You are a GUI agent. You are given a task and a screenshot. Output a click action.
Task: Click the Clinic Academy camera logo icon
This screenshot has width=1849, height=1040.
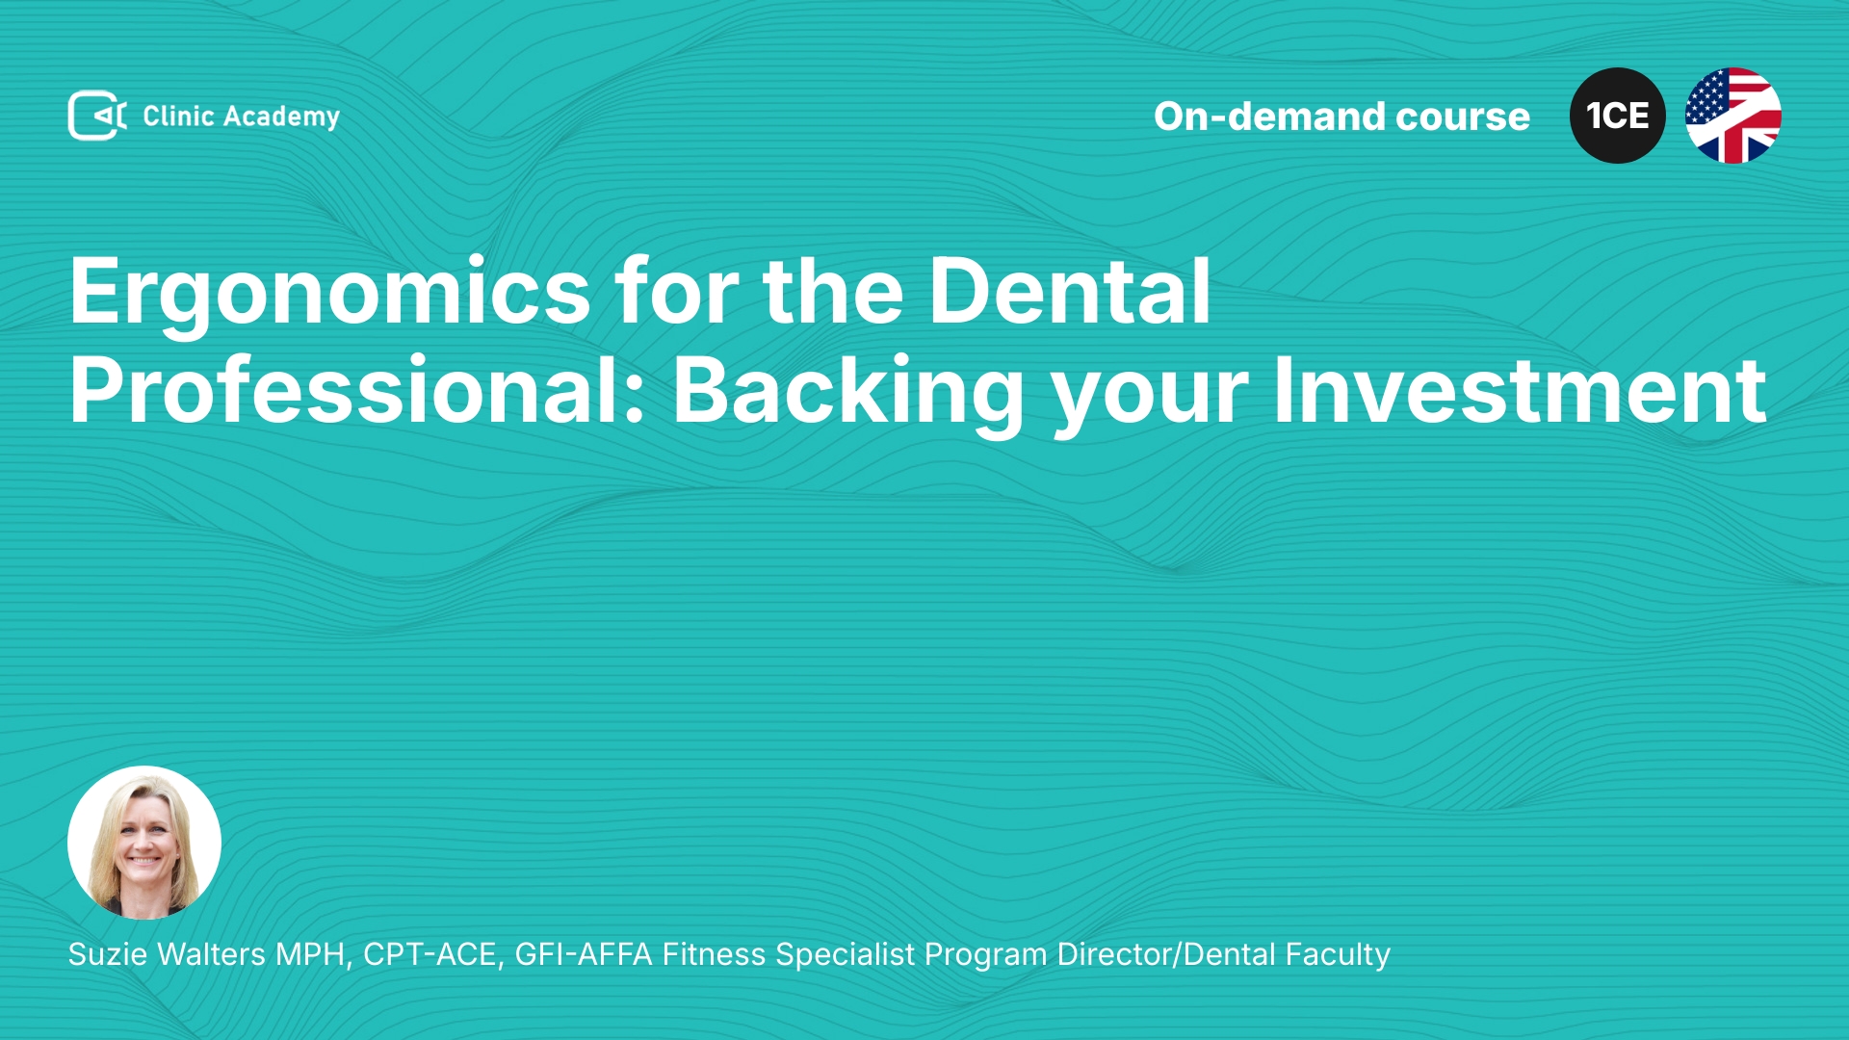click(x=97, y=116)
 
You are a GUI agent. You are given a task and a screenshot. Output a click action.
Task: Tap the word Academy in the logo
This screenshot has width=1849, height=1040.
click(x=281, y=117)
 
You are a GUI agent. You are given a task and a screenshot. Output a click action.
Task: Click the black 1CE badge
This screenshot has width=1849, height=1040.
click(x=1618, y=116)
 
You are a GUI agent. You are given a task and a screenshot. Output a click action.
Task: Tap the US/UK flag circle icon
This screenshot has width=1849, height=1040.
click(x=1733, y=116)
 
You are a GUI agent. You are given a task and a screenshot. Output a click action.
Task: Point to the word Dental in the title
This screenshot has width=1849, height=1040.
click(x=1069, y=290)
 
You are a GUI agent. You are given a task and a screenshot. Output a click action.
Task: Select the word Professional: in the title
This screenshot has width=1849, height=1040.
click(x=357, y=389)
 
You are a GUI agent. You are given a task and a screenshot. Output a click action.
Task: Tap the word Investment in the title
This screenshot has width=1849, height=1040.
click(x=1520, y=389)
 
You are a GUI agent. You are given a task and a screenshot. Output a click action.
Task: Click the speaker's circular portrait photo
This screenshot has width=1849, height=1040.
click(x=144, y=843)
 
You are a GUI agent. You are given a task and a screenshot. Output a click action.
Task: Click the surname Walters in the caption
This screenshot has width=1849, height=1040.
click(x=211, y=954)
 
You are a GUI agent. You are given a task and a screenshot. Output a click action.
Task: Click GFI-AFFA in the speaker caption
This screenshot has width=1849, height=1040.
click(x=584, y=954)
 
